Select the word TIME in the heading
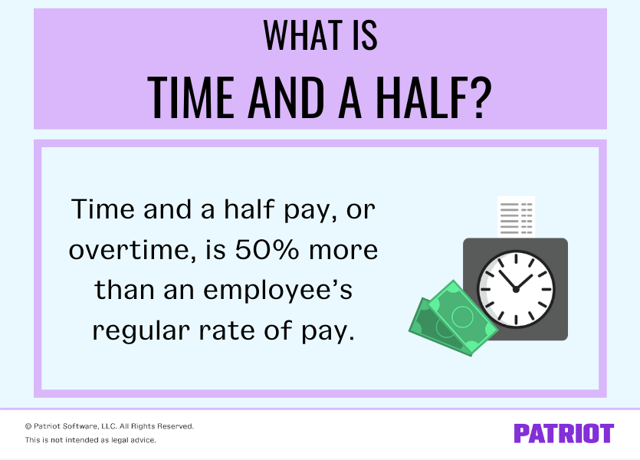190,98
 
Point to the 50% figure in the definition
267,250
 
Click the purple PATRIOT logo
563,433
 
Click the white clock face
516,289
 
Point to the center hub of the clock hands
516,289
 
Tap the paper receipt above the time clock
516,217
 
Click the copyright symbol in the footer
28,426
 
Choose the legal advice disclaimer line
90,440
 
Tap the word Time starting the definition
103,209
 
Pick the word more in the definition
343,251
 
